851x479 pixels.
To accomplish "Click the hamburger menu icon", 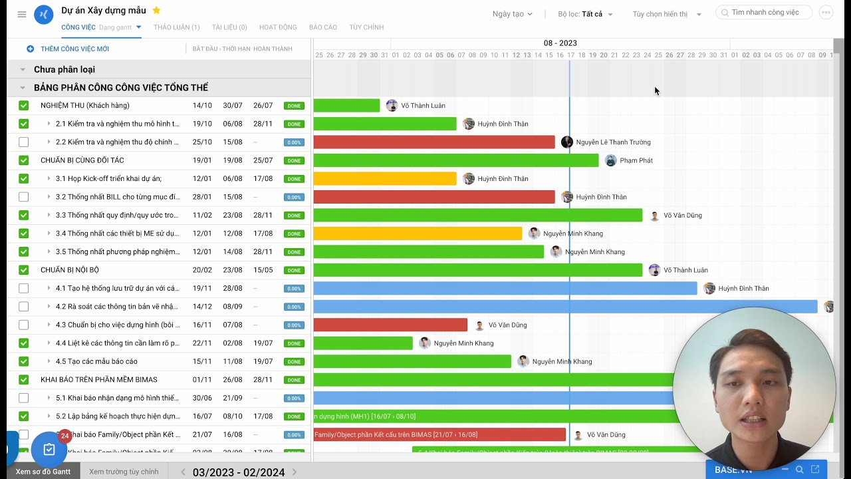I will click(22, 14).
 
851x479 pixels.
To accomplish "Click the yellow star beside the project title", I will click(156, 11).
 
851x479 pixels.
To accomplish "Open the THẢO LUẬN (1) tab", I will click(176, 27).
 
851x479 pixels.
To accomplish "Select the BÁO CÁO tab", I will click(322, 27).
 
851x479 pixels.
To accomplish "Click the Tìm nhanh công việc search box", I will click(765, 13).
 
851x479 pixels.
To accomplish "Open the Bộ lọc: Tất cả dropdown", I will click(585, 14).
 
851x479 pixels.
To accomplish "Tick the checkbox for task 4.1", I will click(24, 288).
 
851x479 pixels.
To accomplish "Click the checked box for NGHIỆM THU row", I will click(24, 105).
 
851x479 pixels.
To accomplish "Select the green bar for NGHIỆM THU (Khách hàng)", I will click(346, 105).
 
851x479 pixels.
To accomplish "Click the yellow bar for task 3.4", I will click(418, 234).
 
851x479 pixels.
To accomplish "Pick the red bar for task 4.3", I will click(390, 325).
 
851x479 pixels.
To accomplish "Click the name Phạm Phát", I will click(636, 160).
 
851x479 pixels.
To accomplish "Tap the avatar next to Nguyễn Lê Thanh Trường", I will click(567, 142).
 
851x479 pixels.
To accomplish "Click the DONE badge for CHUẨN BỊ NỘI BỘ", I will click(294, 270).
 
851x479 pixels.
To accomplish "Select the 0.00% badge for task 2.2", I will click(294, 142).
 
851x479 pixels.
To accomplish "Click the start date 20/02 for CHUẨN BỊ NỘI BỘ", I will click(202, 270).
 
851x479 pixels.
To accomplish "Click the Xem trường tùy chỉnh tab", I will click(124, 472).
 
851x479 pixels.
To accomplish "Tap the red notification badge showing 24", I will click(64, 436).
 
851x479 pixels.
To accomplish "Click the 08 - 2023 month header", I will click(560, 43).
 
